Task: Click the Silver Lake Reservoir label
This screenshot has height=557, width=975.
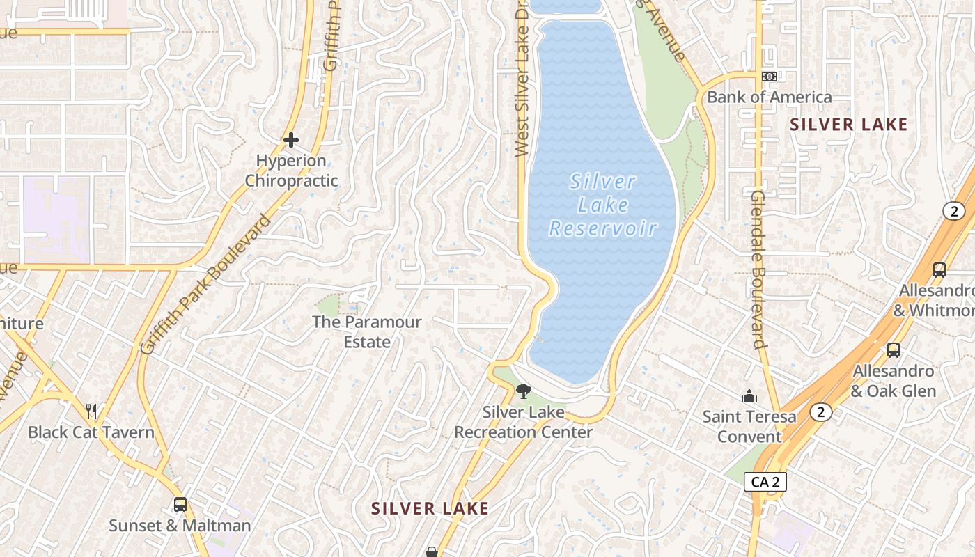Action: pos(603,205)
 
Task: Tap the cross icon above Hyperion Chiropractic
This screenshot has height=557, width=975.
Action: pos(291,140)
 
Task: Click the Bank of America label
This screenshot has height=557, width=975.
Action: pos(769,97)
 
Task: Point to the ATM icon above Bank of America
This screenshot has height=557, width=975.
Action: pos(769,77)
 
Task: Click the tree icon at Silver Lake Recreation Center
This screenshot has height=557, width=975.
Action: pos(524,391)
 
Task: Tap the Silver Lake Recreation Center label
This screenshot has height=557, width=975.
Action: pos(524,422)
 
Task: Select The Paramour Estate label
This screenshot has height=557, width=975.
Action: pos(367,332)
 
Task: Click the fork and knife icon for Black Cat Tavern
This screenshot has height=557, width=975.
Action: pos(91,411)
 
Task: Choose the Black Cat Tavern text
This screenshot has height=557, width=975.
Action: pos(91,432)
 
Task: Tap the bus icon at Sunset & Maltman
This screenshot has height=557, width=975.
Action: pos(180,505)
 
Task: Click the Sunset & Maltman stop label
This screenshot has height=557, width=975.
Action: pos(180,526)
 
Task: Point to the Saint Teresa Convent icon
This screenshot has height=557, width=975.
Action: pos(749,396)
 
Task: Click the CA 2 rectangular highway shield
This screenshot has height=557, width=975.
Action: pos(765,482)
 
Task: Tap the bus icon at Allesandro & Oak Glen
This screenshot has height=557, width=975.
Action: pos(894,350)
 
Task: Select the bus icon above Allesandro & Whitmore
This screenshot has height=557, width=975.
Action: pos(939,270)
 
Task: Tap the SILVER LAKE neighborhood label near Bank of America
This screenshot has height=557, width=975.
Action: pos(849,125)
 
